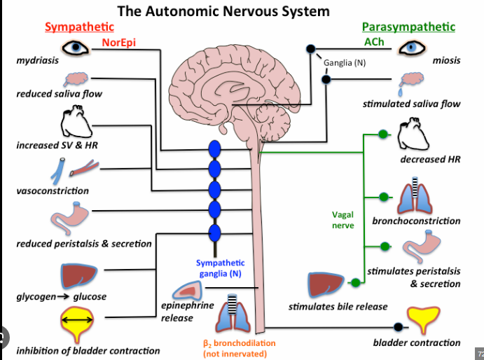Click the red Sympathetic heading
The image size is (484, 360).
[x=79, y=27]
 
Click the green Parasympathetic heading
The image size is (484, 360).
[x=408, y=27]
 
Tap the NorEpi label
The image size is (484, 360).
[x=118, y=43]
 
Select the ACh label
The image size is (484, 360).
[x=373, y=43]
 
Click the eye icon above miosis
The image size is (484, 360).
[x=413, y=48]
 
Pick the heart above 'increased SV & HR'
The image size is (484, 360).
[x=74, y=123]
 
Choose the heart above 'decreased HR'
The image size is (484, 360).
[x=412, y=135]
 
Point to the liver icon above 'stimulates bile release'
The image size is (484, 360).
[x=328, y=284]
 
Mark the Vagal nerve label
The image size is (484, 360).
[x=343, y=220]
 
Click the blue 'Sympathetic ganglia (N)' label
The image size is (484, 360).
[x=219, y=268]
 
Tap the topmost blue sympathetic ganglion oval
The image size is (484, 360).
[x=214, y=150]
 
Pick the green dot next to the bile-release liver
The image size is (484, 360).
[x=357, y=284]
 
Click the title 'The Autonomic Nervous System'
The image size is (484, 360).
[x=223, y=11]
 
